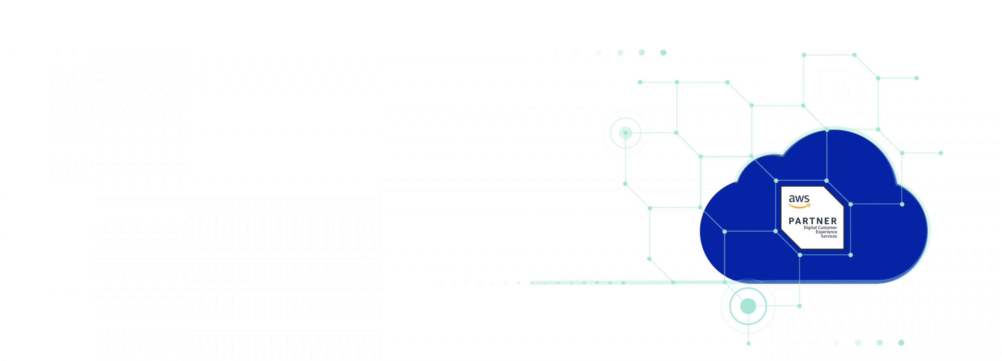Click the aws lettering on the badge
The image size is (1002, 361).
pyautogui.click(x=799, y=199)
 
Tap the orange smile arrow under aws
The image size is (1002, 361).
pyautogui.click(x=799, y=206)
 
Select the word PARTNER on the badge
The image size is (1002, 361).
pyautogui.click(x=813, y=221)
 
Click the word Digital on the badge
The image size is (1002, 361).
pyautogui.click(x=810, y=227)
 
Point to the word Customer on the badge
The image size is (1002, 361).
pyautogui.click(x=827, y=227)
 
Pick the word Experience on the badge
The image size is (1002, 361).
pyautogui.click(x=826, y=232)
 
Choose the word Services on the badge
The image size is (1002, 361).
pyautogui.click(x=829, y=236)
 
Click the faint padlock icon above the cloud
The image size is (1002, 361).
pyautogui.click(x=841, y=93)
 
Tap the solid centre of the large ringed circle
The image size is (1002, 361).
pyautogui.click(x=748, y=306)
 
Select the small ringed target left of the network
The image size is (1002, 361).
pyautogui.click(x=625, y=133)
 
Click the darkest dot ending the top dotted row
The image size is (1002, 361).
pyautogui.click(x=663, y=52)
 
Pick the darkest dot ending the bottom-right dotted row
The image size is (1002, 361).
pyautogui.click(x=901, y=343)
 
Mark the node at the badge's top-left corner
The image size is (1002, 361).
pyautogui.click(x=776, y=181)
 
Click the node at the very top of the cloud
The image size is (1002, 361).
pyautogui.click(x=827, y=130)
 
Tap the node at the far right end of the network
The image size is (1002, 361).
pyautogui.click(x=941, y=153)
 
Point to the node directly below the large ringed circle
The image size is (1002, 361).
pyautogui.click(x=748, y=343)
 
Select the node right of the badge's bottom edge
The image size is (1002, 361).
pyautogui.click(x=851, y=255)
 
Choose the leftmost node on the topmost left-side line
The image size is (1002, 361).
pyautogui.click(x=640, y=82)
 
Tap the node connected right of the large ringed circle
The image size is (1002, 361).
pyautogui.click(x=799, y=306)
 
